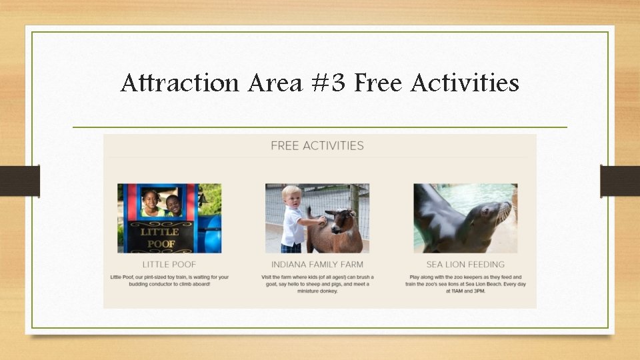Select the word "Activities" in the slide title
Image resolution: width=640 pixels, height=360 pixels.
click(x=465, y=84)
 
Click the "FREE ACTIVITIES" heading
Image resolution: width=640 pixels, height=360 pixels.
click(x=317, y=145)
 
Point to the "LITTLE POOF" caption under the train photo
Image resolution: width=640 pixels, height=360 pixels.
click(x=169, y=265)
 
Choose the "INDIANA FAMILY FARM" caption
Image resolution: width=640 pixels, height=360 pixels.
click(x=317, y=265)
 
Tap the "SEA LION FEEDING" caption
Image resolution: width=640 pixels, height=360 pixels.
click(x=465, y=265)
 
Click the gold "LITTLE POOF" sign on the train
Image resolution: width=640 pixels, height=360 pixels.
click(x=160, y=237)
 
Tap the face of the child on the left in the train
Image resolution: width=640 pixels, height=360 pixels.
click(x=151, y=200)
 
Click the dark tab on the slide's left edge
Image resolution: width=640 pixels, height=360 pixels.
click(x=20, y=181)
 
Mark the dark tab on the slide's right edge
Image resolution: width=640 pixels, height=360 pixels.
click(x=620, y=181)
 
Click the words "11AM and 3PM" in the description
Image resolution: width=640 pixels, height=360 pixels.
click(x=469, y=291)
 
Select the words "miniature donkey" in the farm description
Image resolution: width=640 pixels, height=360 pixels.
click(x=317, y=291)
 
